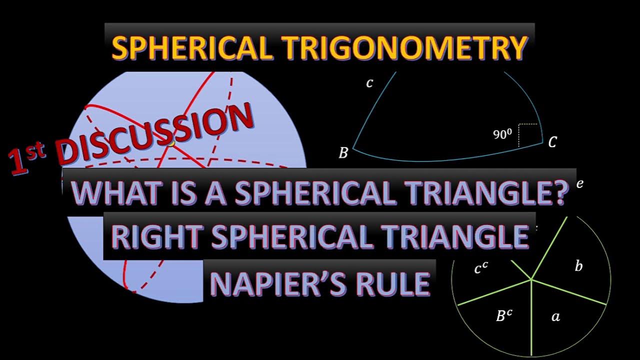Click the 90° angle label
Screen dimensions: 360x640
502,134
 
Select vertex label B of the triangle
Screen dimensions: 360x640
343,153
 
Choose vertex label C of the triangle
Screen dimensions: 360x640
552,143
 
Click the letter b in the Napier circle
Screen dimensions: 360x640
578,266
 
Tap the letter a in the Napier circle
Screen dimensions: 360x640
555,316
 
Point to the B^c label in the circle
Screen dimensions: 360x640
504,315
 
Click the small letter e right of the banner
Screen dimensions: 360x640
579,183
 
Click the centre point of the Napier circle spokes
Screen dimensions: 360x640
531,278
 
